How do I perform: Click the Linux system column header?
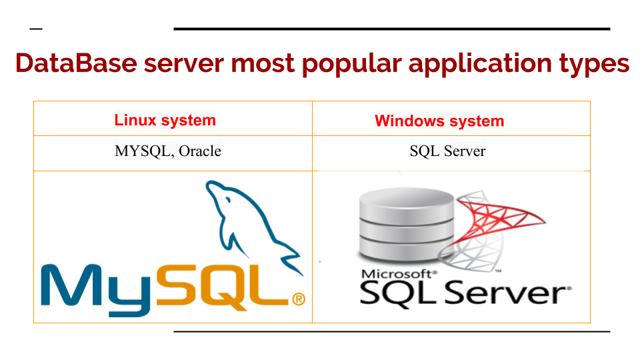coord(165,121)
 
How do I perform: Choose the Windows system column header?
coord(439,121)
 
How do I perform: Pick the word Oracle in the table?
coord(199,151)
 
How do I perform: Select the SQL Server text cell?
coord(447,151)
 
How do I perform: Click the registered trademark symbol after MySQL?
coord(299,299)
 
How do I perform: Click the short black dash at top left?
coord(36,29)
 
